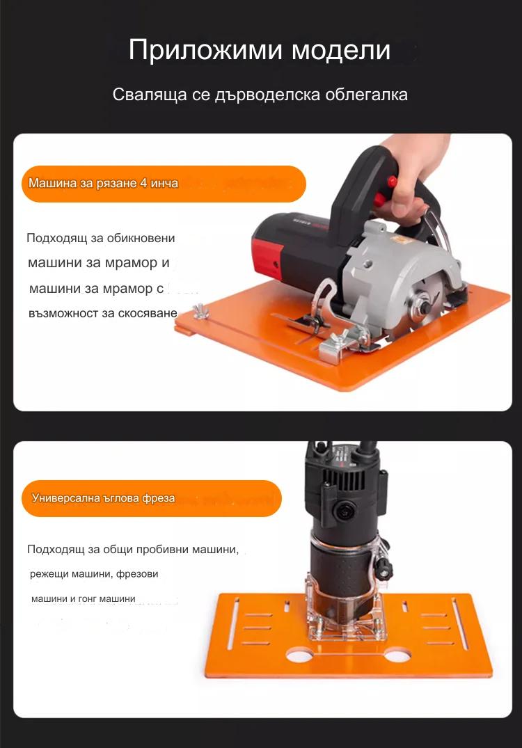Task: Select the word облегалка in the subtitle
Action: pyautogui.click(x=367, y=94)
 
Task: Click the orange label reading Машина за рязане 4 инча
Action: pyautogui.click(x=164, y=184)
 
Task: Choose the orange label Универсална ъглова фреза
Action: pyautogui.click(x=152, y=498)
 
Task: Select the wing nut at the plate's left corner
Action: pyautogui.click(x=202, y=311)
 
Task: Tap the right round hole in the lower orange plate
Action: pyautogui.click(x=398, y=655)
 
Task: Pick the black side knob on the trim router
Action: pyautogui.click(x=384, y=567)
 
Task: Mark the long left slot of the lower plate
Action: pyautogui.click(x=233, y=624)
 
